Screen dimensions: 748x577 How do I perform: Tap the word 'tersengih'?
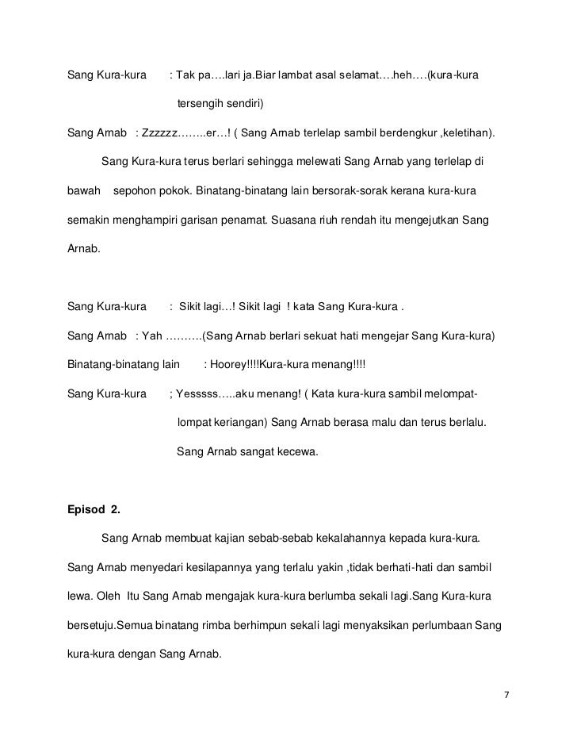pyautogui.click(x=202, y=104)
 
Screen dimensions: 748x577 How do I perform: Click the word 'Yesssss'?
pyautogui.click(x=195, y=393)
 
